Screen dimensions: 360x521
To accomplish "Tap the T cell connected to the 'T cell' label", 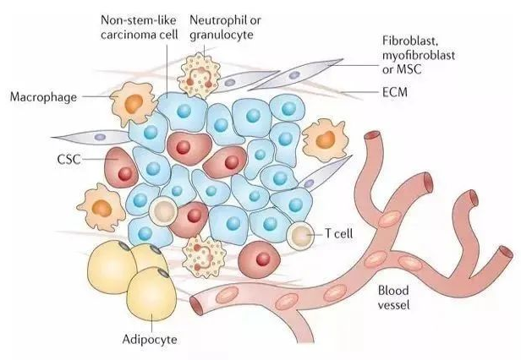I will pyautogui.click(x=300, y=233).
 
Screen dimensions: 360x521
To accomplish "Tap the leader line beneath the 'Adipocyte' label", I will pyautogui.click(x=152, y=326).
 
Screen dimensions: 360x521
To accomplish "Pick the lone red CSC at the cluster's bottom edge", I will pyautogui.click(x=259, y=257).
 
